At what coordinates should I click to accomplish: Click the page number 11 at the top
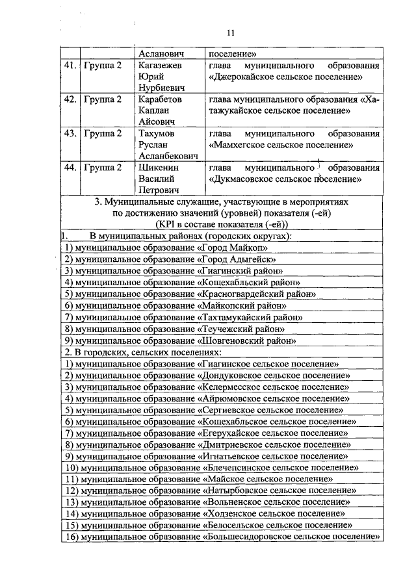[231, 34]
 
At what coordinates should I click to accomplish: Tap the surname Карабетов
[160, 99]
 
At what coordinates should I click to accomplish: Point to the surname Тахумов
[157, 133]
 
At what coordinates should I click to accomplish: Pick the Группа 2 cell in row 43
[102, 133]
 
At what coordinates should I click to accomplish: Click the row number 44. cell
[70, 167]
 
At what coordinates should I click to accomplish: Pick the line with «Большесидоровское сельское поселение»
[222, 537]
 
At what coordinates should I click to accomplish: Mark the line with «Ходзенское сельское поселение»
[204, 513]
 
